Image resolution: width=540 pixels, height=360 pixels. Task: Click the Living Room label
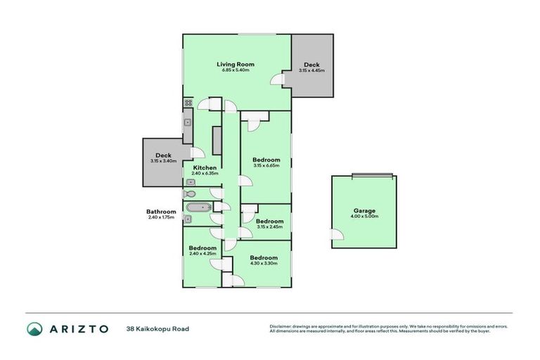pos(235,64)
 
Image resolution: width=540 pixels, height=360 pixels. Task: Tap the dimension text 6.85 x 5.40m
pos(235,70)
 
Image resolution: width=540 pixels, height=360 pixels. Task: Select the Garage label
pos(364,211)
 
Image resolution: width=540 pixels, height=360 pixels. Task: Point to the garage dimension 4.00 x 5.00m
pos(364,217)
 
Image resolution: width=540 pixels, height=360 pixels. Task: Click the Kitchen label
pos(205,167)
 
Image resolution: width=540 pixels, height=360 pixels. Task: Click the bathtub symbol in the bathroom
pos(197,207)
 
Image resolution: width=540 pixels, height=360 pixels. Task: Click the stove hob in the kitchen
pos(188,103)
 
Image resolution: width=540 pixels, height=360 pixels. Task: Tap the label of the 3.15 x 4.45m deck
pos(311,65)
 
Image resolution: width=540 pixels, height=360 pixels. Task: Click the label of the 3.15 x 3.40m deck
pos(163,155)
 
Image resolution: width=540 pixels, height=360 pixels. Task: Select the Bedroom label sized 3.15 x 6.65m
pos(266,160)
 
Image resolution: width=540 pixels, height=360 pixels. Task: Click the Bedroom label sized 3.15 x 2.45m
pos(269,221)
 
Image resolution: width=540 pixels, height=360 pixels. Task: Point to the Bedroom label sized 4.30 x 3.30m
pos(264,257)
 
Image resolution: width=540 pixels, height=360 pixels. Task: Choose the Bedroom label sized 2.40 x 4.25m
pos(202,247)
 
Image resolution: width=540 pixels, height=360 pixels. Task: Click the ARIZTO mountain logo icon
pos(34,328)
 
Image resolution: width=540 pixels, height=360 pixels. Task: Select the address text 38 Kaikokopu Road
pos(157,328)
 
